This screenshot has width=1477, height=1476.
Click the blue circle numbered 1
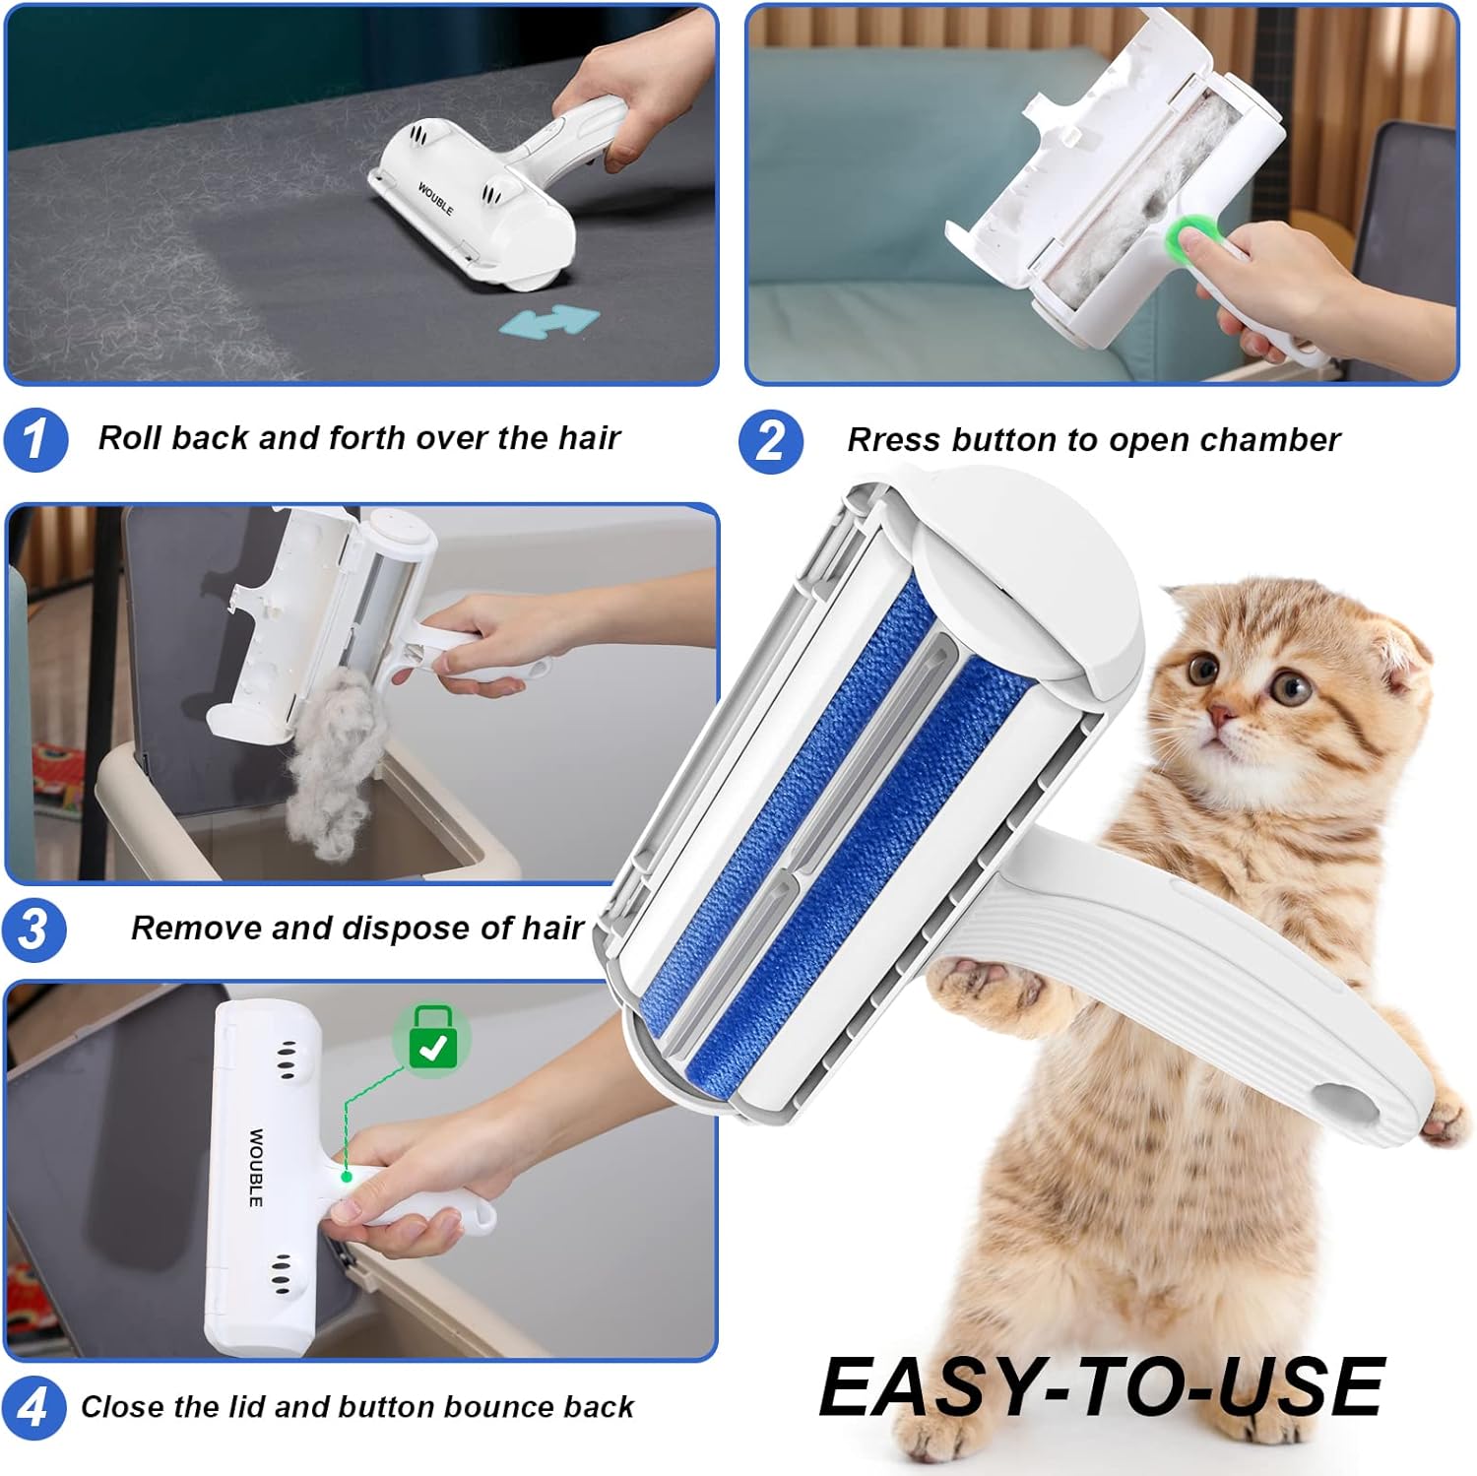tap(35, 439)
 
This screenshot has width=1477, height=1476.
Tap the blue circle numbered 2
tap(771, 440)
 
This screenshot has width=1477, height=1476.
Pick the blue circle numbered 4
tap(34, 1407)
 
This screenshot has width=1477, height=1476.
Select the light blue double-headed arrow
tap(548, 321)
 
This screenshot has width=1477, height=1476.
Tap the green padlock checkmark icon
tap(432, 1041)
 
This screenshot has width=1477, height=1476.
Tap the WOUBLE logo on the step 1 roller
tap(435, 199)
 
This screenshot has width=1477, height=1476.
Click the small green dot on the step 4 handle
tap(347, 1176)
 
